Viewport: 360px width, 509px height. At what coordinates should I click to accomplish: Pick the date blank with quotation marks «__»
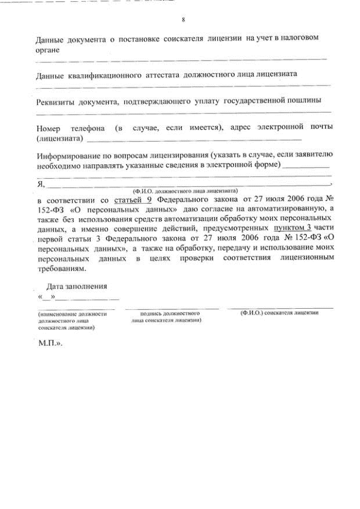[46, 296]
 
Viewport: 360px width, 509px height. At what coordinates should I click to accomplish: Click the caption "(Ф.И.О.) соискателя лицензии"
[280, 313]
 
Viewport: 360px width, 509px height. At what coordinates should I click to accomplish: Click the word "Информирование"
[69, 155]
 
